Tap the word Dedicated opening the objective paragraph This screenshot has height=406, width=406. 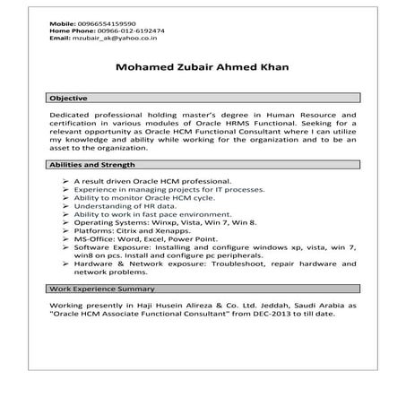(73, 116)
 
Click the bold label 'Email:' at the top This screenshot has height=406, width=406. (59, 39)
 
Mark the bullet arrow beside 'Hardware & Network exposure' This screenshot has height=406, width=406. (68, 264)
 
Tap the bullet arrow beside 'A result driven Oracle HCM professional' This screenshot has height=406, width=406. (68, 181)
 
